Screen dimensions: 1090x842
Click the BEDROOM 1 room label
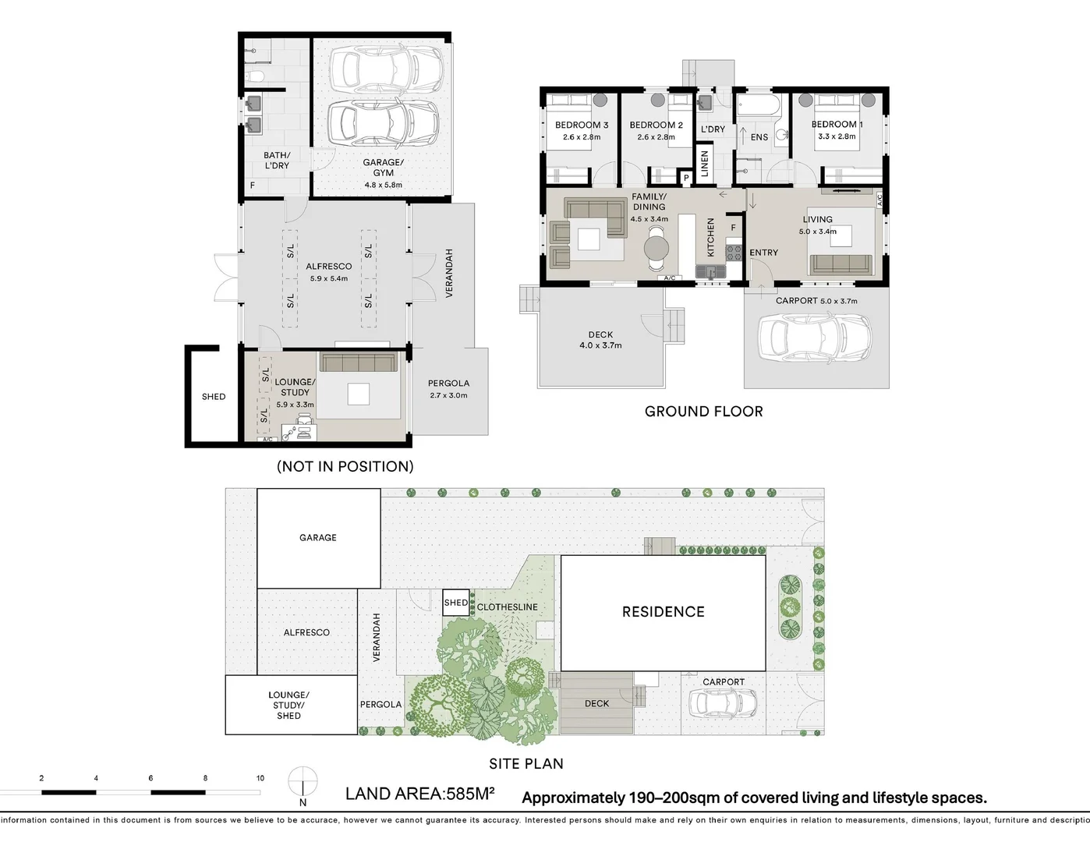[837, 125]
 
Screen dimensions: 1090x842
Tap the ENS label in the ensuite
[759, 137]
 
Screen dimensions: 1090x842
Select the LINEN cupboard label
[704, 164]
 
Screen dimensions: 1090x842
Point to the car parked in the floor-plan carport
[815, 337]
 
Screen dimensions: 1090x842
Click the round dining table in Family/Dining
[656, 247]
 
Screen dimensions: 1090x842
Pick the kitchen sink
[710, 271]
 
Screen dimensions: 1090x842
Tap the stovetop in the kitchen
[734, 253]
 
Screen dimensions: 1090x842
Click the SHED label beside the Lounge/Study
[214, 397]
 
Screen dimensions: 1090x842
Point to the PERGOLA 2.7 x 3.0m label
[448, 389]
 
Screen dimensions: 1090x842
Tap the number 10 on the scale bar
[260, 778]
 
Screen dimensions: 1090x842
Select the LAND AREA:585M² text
[419, 794]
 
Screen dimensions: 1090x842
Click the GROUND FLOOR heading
[704, 412]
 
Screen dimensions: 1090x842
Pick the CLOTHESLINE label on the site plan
[507, 607]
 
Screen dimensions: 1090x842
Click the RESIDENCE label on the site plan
[664, 612]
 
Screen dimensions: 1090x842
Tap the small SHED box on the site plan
[456, 603]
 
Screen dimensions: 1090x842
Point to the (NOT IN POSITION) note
[345, 466]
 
